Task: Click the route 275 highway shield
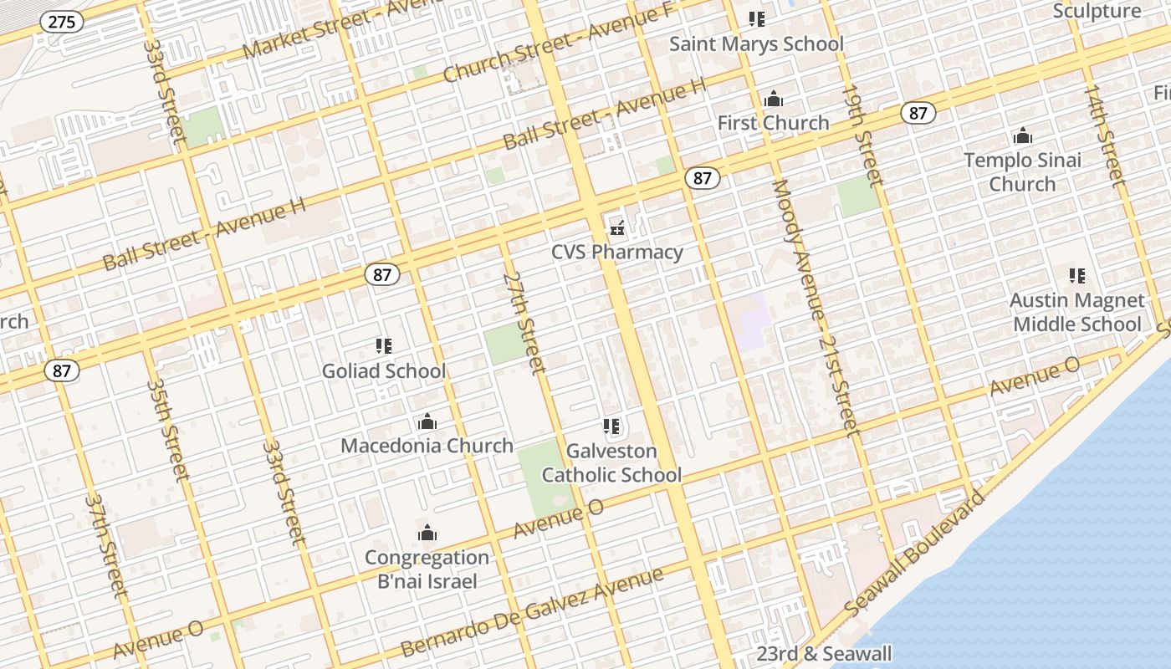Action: (62, 22)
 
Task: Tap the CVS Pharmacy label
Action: (617, 252)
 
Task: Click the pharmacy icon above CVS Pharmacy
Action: (618, 226)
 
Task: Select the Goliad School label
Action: (384, 370)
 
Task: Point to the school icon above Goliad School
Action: (384, 345)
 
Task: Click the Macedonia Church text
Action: (427, 446)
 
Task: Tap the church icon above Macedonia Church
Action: (427, 421)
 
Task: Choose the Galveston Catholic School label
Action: (611, 463)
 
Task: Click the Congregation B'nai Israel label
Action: (427, 569)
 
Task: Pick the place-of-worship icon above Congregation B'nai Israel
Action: (427, 533)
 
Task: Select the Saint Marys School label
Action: (756, 43)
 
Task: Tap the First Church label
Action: (773, 123)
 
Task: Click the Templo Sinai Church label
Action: (1022, 171)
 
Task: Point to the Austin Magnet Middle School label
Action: (1077, 312)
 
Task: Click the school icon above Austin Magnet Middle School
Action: (1077, 275)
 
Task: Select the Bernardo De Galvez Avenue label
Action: (532, 612)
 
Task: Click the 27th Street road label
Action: (524, 323)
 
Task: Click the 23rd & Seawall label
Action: (824, 654)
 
